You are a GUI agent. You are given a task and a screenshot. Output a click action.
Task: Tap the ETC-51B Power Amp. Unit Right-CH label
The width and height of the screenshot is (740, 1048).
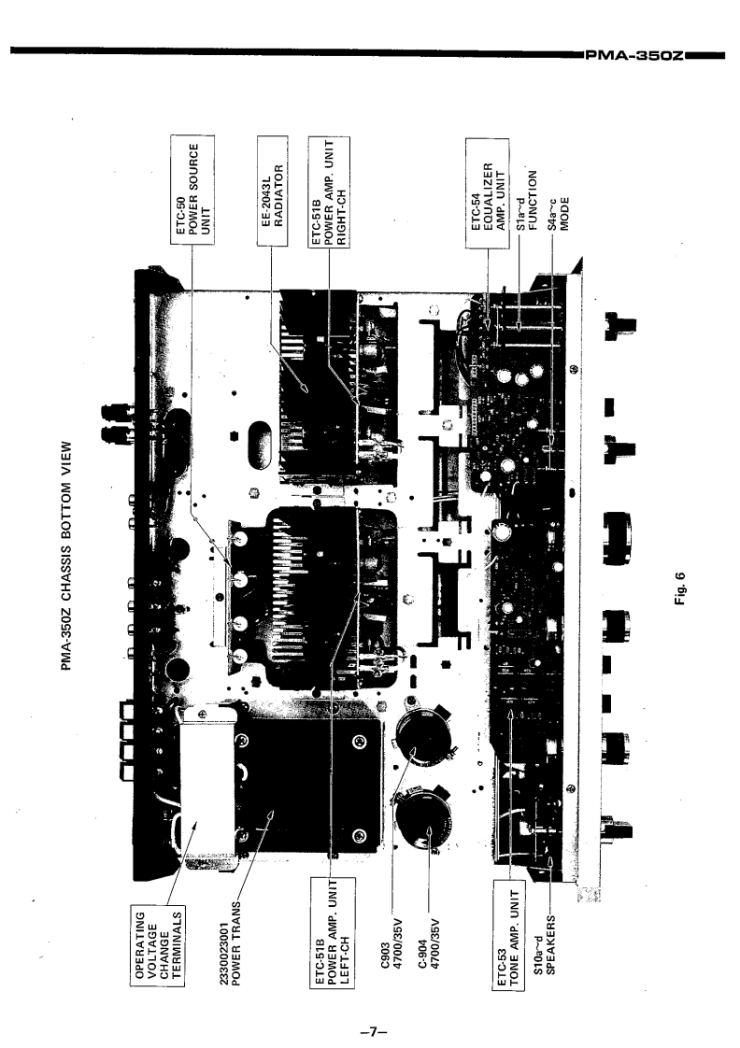tap(331, 191)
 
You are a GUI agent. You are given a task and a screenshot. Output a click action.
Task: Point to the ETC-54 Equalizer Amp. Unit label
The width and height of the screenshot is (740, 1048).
tap(487, 192)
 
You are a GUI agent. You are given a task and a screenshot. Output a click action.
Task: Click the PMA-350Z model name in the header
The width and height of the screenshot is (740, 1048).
tap(635, 54)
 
